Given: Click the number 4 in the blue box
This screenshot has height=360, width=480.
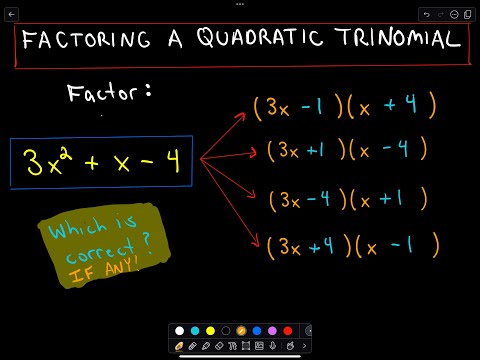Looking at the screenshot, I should (x=171, y=161).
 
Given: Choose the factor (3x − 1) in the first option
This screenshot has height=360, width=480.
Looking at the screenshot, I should (x=295, y=105).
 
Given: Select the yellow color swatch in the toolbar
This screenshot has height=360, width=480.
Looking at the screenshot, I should (x=210, y=330).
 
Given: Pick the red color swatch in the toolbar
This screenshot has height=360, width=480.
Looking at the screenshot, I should (x=287, y=330).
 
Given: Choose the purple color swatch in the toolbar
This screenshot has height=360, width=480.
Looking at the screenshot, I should (x=272, y=330).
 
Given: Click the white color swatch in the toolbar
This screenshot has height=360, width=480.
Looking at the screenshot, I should (x=179, y=330).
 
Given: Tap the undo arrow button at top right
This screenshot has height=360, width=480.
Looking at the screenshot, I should (x=428, y=15).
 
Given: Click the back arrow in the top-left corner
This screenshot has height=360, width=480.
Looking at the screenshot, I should (x=11, y=15).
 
